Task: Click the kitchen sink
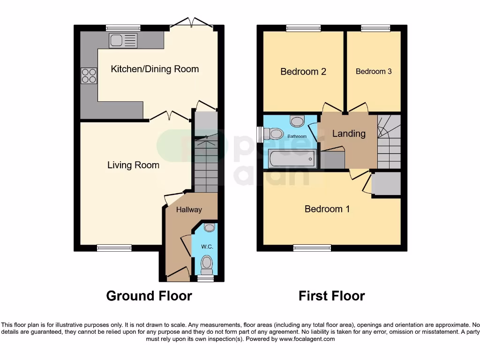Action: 123,41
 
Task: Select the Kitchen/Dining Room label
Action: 155,69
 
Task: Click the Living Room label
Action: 133,165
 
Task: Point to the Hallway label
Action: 189,210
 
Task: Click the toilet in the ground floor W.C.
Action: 207,265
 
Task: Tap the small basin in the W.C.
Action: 210,228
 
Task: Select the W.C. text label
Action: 207,246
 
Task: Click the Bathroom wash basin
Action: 297,121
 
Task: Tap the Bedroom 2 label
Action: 303,72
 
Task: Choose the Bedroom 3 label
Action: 374,72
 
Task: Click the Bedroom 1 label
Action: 327,209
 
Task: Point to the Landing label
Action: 349,134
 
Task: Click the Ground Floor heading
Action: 149,296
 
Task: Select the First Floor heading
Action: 332,296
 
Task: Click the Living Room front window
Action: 114,248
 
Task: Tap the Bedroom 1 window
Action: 312,248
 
